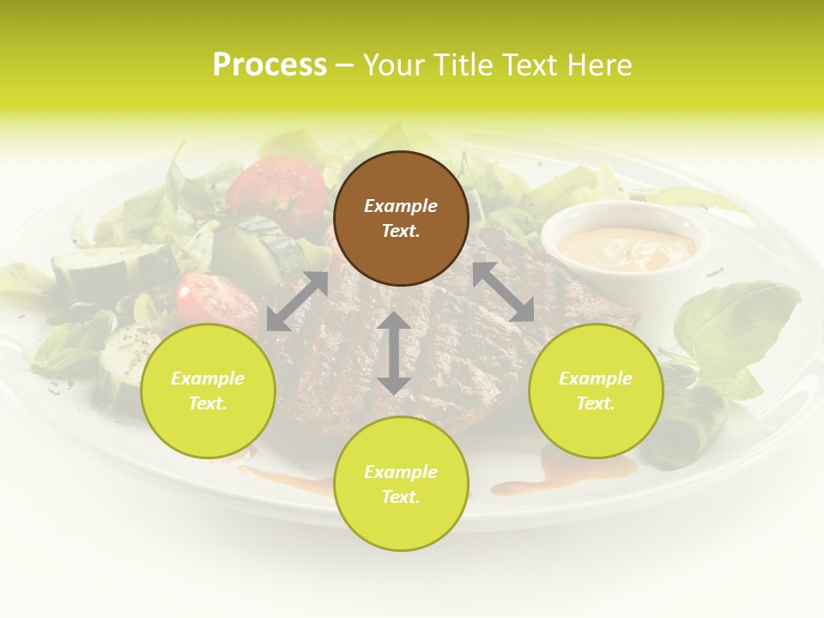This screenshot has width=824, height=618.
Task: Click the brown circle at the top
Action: tap(401, 218)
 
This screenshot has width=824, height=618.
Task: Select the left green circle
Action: tap(208, 391)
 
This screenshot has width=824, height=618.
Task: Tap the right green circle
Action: tap(596, 391)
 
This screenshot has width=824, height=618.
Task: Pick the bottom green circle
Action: tap(401, 484)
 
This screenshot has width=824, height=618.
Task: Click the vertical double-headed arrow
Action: tap(394, 353)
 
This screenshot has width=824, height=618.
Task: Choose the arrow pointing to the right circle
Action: tap(503, 292)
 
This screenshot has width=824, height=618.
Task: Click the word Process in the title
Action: tap(270, 64)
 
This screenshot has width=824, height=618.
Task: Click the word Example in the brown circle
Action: tap(401, 206)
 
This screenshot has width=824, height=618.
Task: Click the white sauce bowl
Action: tap(624, 245)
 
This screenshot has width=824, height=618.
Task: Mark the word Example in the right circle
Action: tap(596, 379)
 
